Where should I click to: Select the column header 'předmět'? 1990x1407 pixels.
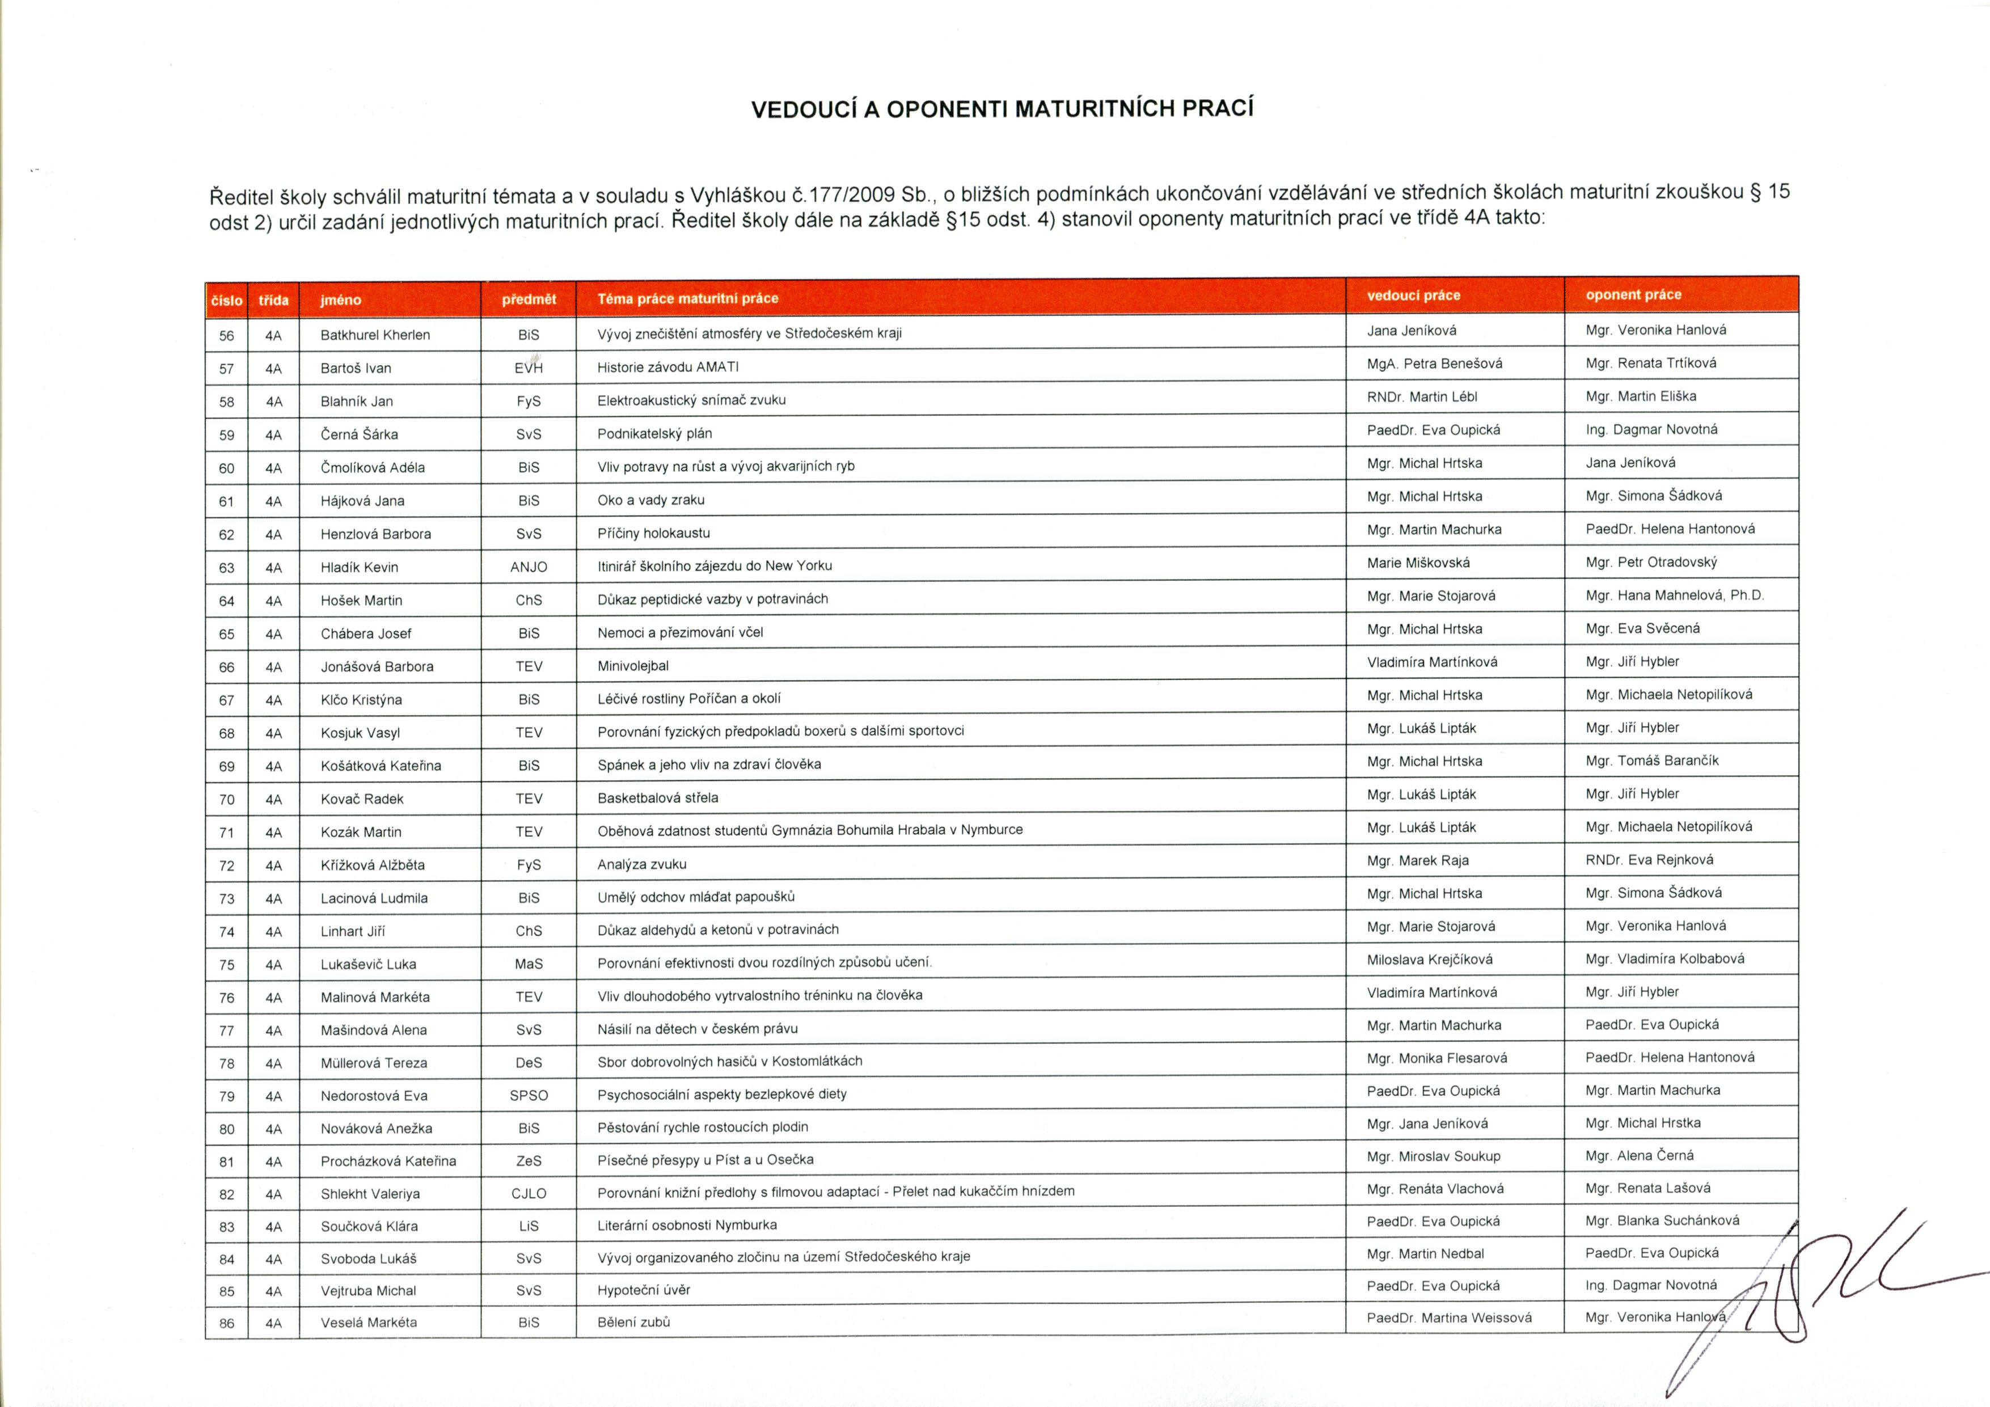tap(529, 299)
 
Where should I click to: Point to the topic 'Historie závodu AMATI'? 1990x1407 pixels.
tap(667, 367)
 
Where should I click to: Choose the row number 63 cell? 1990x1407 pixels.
tap(226, 568)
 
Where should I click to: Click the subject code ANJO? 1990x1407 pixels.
tap(529, 567)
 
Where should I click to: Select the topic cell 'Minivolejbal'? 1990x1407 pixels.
tap(633, 666)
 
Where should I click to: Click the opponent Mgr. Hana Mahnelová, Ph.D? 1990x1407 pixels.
tap(1675, 595)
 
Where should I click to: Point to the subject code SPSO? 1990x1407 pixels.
tap(529, 1096)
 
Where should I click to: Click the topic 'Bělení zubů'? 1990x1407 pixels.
tap(633, 1322)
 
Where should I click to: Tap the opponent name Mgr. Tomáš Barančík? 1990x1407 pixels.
tap(1652, 760)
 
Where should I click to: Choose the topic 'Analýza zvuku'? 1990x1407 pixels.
tap(641, 864)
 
